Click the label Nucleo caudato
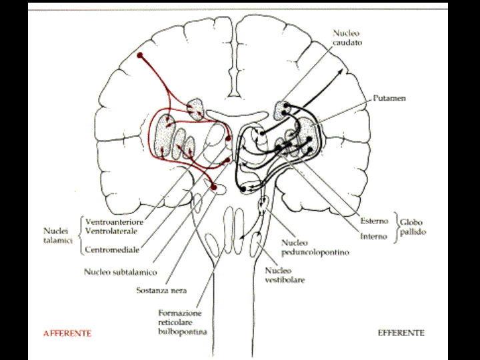coord(347,37)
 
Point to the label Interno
coord(373,236)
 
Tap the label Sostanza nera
coord(161,290)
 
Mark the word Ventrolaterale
coord(112,231)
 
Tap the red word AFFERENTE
coord(67,332)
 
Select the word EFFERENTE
coord(401,332)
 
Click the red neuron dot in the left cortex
coord(140,55)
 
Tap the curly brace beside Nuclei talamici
coord(81,235)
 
